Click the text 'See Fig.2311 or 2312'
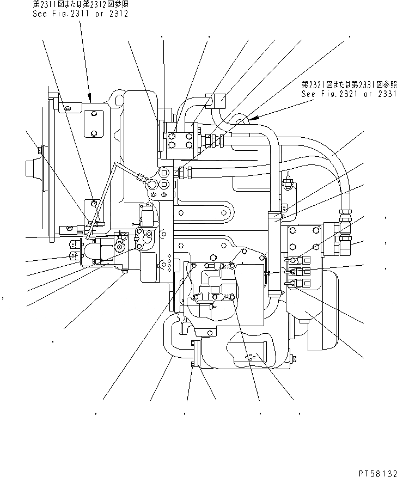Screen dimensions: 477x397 pyautogui.click(x=80, y=13)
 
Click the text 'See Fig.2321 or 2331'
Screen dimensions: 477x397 pyautogui.click(x=349, y=94)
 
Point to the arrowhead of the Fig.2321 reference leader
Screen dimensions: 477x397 pyautogui.click(x=251, y=117)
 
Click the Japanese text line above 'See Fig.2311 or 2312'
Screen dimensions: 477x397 pyautogui.click(x=80, y=4)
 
